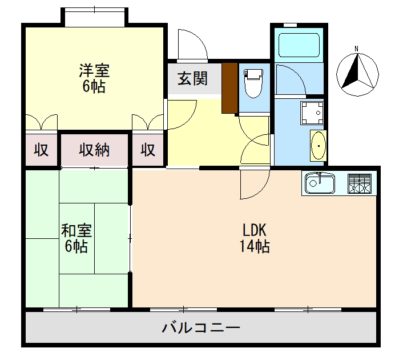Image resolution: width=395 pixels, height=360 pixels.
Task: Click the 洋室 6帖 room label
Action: [94, 79]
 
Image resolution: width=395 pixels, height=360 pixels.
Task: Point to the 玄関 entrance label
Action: [192, 78]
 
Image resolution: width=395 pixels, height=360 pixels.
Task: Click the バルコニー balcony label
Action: [200, 329]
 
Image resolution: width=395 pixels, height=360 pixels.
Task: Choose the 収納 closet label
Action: [94, 150]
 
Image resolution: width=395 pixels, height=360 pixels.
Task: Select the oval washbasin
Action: [317, 146]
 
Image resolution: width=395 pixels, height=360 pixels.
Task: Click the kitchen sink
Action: [321, 183]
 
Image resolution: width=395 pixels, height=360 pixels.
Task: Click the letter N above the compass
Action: [356, 49]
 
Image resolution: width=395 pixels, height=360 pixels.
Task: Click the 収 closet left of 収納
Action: [41, 150]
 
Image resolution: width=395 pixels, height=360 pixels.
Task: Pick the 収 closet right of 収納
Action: [148, 150]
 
